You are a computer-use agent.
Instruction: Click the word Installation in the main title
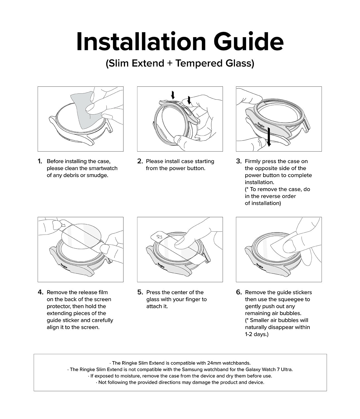click(141, 42)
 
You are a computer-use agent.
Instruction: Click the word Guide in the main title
click(248, 42)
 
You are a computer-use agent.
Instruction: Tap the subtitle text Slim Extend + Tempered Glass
click(180, 63)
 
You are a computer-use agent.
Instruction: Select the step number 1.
click(40, 161)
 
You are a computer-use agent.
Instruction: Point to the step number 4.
click(40, 292)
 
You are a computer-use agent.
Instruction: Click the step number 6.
click(239, 292)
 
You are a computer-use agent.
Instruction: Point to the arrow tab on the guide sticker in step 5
click(159, 237)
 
